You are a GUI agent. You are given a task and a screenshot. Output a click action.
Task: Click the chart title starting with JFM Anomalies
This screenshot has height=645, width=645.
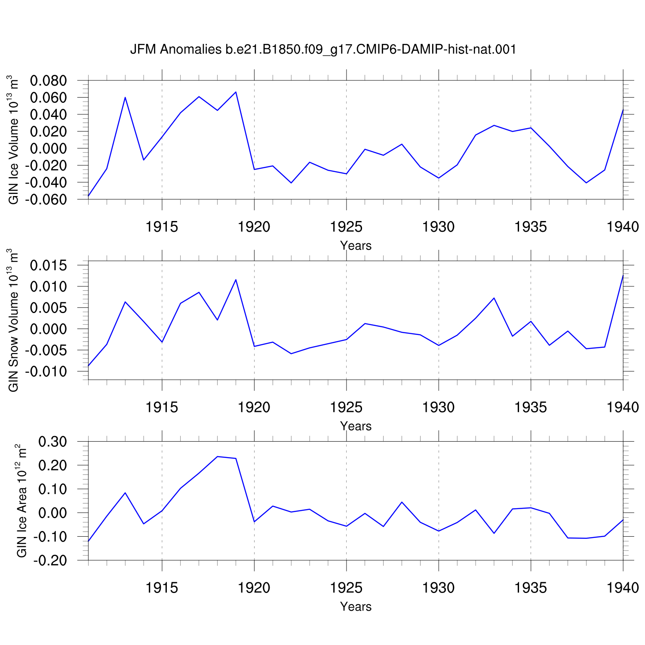(323, 50)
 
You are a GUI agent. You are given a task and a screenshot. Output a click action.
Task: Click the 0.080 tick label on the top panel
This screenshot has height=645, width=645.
(49, 81)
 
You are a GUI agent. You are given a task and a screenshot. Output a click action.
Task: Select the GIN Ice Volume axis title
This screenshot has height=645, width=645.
(14, 140)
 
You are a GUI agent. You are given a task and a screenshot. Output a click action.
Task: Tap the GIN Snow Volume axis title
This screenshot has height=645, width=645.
(14, 320)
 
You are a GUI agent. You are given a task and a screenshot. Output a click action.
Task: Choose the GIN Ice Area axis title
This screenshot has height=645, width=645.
(22, 501)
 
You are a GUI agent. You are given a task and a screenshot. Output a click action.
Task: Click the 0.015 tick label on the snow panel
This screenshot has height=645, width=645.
(49, 265)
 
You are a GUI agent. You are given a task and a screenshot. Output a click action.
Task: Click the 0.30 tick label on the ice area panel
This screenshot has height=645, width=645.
(53, 442)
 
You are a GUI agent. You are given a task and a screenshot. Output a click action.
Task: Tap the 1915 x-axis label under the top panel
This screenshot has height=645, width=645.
(162, 227)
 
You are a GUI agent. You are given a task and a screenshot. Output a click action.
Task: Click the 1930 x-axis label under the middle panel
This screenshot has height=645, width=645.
(439, 407)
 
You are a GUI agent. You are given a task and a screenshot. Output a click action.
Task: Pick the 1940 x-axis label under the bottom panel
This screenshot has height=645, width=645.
(623, 588)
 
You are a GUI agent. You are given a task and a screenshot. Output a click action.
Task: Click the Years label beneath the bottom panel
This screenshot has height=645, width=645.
(356, 606)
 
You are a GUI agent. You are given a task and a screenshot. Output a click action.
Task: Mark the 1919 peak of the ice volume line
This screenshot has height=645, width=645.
(236, 92)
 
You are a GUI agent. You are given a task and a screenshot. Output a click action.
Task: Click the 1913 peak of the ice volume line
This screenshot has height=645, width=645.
(125, 97)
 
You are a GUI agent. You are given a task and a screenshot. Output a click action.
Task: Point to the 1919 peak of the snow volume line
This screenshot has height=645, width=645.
(236, 279)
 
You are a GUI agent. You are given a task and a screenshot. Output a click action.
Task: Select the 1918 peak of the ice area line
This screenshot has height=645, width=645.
(218, 457)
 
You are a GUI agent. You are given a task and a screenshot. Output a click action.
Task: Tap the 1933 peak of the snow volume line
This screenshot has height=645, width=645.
(494, 298)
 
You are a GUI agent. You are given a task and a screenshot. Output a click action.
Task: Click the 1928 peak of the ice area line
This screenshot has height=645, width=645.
(402, 502)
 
